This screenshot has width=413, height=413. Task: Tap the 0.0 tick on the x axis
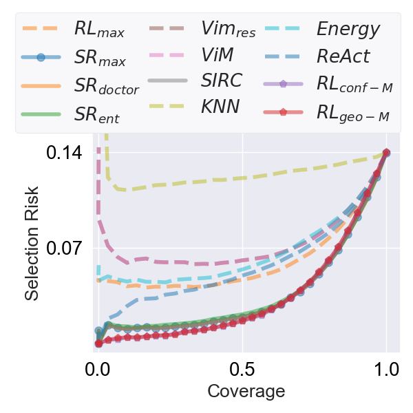click(x=98, y=368)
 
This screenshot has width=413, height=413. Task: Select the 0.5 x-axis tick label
click(x=242, y=368)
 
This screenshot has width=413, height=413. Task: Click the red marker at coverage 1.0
click(x=386, y=153)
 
